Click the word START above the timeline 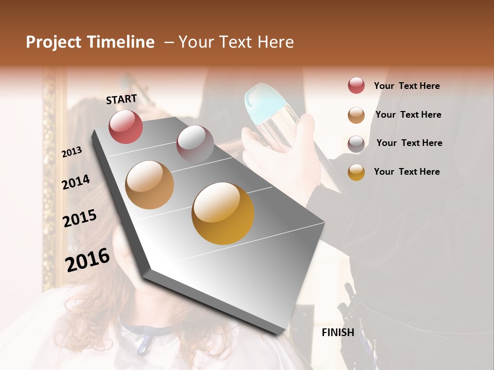(x=121, y=99)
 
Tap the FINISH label (x=338, y=332)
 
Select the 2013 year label (x=72, y=152)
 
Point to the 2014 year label (x=76, y=182)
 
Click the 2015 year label (x=80, y=218)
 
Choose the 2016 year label (x=87, y=260)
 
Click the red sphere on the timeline (x=126, y=126)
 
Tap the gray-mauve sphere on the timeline (x=195, y=143)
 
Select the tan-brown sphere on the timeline (x=150, y=184)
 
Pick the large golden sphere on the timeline (x=223, y=213)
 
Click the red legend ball (x=356, y=85)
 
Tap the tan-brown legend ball (x=356, y=115)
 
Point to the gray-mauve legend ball (x=356, y=144)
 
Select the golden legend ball (x=356, y=172)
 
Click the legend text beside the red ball (x=407, y=86)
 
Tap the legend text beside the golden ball (x=407, y=172)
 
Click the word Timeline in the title (x=121, y=42)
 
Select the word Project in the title (x=54, y=42)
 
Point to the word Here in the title (x=275, y=42)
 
